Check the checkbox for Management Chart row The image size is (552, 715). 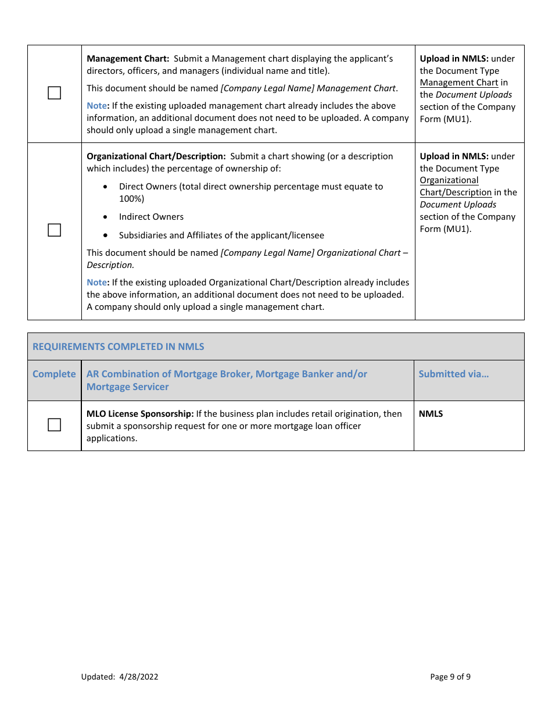pyautogui.click(x=54, y=93)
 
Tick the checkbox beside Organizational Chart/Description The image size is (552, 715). pyautogui.click(x=54, y=230)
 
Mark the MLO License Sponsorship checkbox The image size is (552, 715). pyautogui.click(x=54, y=425)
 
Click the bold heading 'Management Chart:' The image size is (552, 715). pyautogui.click(x=127, y=59)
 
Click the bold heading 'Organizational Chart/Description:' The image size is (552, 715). pyautogui.click(x=156, y=156)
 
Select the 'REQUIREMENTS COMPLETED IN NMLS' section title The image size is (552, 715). pyautogui.click(x=118, y=346)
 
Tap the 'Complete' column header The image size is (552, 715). pyautogui.click(x=54, y=374)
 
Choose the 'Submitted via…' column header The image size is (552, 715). pyautogui.click(x=453, y=374)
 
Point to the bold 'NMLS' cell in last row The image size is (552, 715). pyautogui.click(x=431, y=414)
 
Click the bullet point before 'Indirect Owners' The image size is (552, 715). pyautogui.click(x=105, y=217)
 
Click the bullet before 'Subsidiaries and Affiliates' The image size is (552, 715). pyautogui.click(x=105, y=235)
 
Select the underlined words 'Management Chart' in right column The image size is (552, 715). pyautogui.click(x=458, y=83)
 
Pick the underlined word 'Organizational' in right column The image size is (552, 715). pyautogui.click(x=449, y=180)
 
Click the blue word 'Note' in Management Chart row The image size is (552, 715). pyautogui.click(x=96, y=106)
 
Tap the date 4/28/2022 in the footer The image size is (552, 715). pyautogui.click(x=138, y=677)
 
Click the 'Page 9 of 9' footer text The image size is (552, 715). pyautogui.click(x=450, y=677)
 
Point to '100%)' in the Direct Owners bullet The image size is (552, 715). pyautogui.click(x=131, y=199)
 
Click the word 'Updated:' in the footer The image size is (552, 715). pyautogui.click(x=98, y=677)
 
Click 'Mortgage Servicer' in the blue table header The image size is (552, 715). pyautogui.click(x=127, y=387)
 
